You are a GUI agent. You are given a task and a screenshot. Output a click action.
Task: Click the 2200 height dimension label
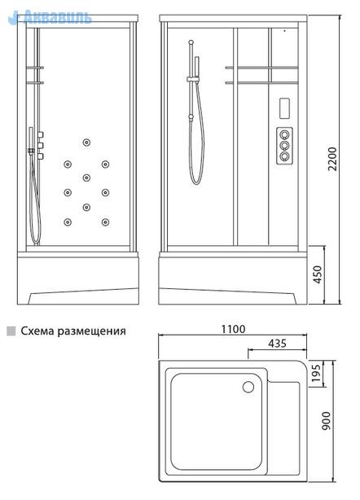point(332,159)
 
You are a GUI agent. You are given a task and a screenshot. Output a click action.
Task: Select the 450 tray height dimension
point(318,274)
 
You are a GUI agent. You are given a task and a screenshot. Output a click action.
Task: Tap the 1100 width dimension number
point(234,329)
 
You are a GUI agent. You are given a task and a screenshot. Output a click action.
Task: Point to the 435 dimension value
point(277,344)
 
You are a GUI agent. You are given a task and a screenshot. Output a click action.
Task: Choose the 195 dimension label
point(315,374)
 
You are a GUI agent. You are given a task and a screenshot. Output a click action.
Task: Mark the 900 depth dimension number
point(326,420)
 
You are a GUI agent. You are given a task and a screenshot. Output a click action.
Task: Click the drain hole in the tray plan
point(248,387)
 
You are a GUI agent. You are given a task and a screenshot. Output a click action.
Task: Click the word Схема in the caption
point(37,331)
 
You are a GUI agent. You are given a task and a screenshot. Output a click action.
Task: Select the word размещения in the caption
point(92,331)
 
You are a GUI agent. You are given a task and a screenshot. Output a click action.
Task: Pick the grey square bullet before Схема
point(11,331)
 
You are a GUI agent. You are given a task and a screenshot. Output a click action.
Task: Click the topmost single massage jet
point(86,143)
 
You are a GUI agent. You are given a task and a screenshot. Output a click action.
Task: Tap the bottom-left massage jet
point(68,222)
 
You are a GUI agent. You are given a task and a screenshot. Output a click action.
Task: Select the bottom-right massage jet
point(105,222)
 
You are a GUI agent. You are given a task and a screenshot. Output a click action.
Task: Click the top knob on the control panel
point(284,134)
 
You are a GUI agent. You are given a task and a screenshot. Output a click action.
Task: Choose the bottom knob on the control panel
point(284,156)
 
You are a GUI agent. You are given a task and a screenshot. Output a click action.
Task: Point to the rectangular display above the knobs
point(284,108)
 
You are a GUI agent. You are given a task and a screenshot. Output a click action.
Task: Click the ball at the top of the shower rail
point(191,42)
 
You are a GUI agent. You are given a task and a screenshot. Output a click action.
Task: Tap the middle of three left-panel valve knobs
point(40,146)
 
